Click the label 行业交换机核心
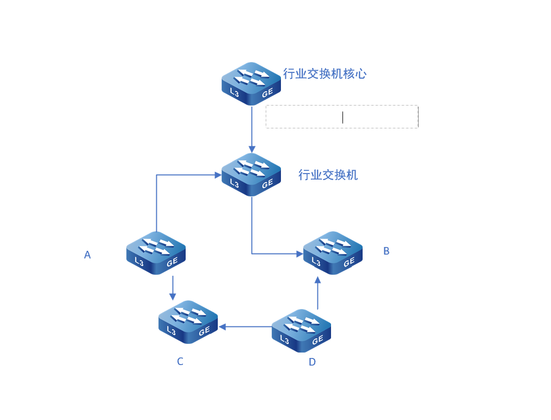325,74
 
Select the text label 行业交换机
328,175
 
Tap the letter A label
88,255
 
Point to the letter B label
386,251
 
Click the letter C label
180,361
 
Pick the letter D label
312,362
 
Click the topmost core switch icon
251,84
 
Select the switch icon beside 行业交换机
251,175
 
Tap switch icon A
156,253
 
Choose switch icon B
333,253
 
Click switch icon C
188,322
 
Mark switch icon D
302,331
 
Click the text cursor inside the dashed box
342,118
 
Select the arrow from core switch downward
252,129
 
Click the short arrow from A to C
173,288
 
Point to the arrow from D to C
245,327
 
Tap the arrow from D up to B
317,293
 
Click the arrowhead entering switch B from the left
300,254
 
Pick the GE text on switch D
317,340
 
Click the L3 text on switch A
139,262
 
